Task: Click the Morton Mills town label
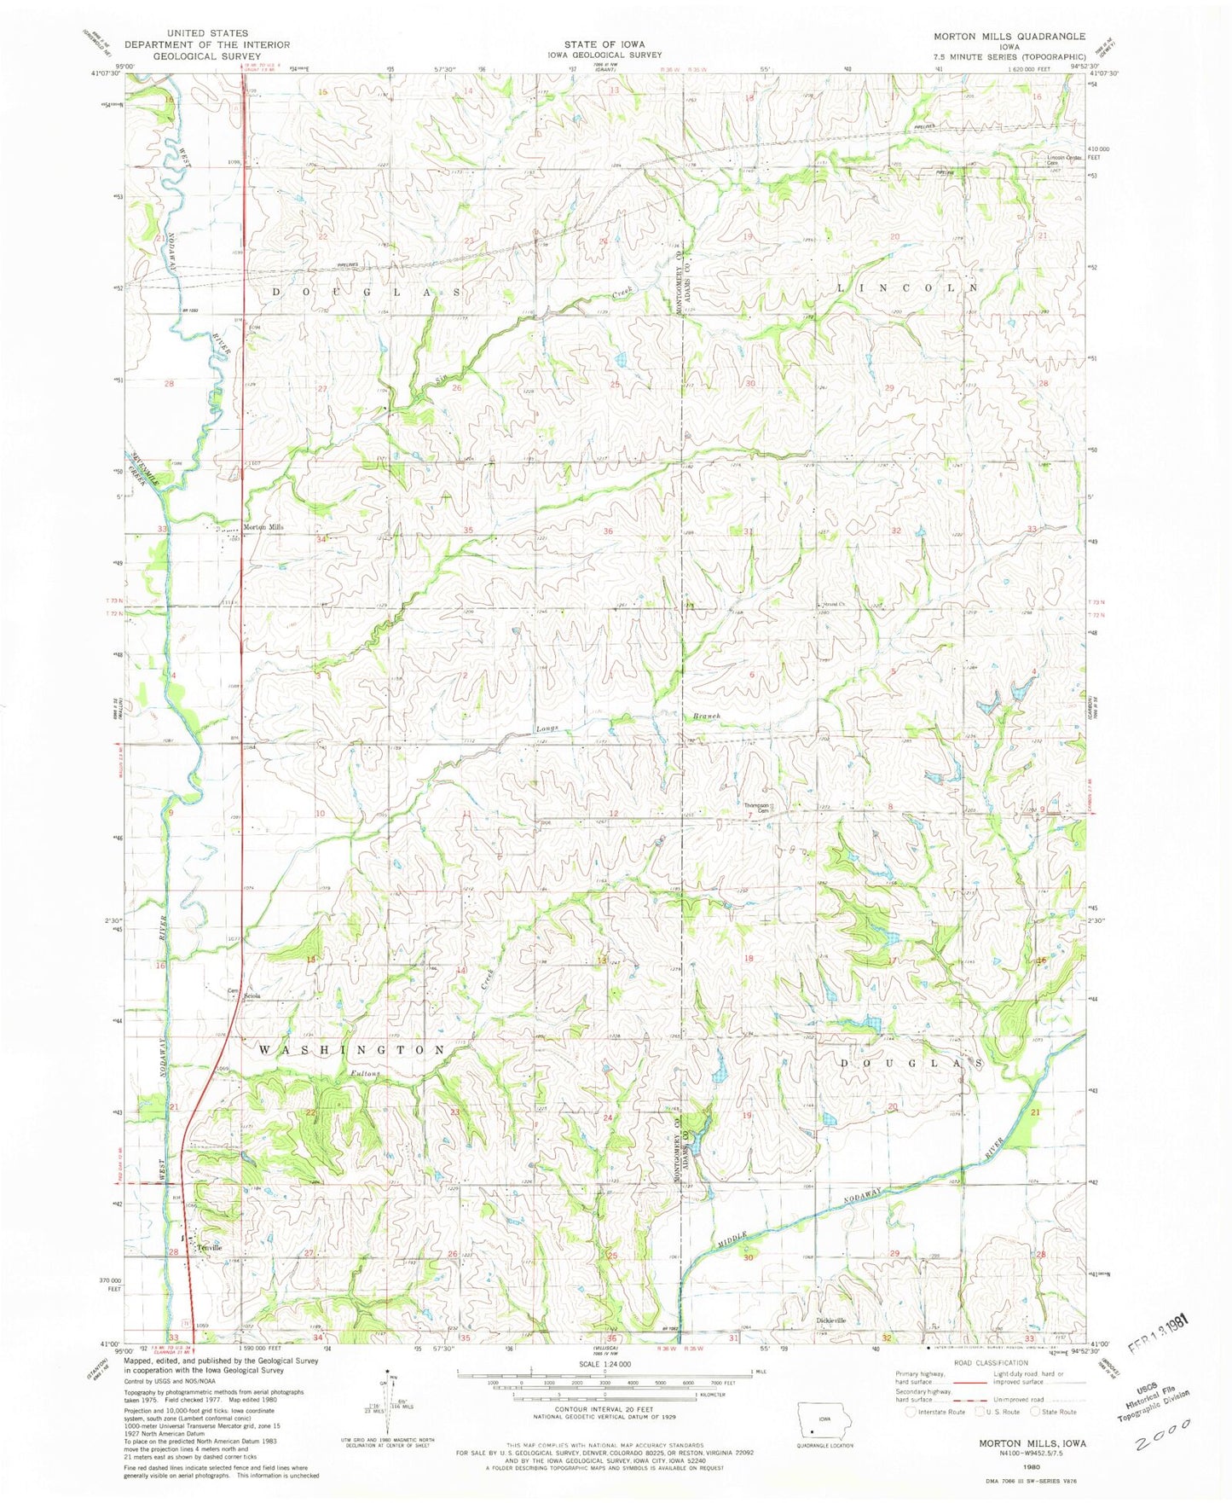[x=263, y=527]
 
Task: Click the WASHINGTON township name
[x=352, y=1049]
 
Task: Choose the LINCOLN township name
[x=908, y=288]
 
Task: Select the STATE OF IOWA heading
[x=604, y=44]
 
